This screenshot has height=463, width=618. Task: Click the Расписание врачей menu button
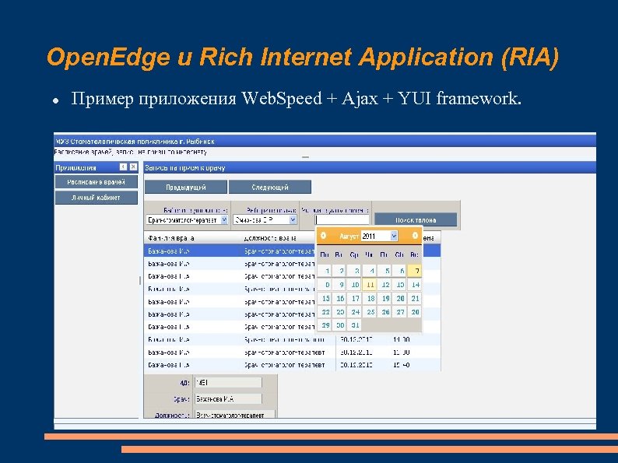[96, 181]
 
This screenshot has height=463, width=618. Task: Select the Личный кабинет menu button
[96, 197]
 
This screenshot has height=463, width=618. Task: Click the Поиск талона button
[416, 220]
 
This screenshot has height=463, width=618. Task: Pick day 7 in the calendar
[416, 271]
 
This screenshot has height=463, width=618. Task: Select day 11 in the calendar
[371, 285]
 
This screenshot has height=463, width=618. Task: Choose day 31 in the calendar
[356, 325]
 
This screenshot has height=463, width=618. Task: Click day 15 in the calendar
[325, 298]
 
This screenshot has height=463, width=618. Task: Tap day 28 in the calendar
[416, 311]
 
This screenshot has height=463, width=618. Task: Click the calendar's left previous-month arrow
[323, 236]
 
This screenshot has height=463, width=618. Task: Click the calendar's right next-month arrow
[415, 236]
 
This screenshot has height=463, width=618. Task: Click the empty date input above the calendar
[342, 220]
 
